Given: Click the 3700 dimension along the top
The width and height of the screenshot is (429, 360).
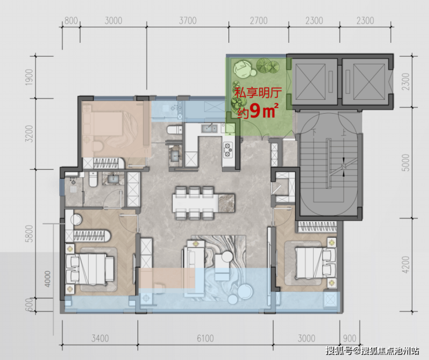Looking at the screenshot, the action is (188, 20).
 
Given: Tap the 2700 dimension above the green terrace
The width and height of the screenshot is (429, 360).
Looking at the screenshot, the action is (259, 20).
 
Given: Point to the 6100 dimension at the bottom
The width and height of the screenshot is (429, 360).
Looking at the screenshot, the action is (205, 339).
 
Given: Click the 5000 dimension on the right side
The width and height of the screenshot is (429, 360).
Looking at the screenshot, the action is (406, 162).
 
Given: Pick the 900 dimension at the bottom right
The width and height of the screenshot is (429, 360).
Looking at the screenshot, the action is (350, 339).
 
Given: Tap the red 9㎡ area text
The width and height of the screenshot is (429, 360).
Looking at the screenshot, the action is (264, 111).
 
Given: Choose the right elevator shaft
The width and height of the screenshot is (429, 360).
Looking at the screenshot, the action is (365, 82).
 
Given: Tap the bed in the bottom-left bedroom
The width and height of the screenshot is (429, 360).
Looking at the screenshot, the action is (90, 269).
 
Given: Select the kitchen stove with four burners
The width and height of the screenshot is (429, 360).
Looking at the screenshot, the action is (228, 150).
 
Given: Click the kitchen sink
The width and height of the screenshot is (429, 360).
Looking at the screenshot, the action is (209, 128).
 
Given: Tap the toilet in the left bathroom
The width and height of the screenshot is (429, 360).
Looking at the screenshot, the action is (93, 179).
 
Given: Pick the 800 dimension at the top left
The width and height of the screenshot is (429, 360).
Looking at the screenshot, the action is (71, 20).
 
